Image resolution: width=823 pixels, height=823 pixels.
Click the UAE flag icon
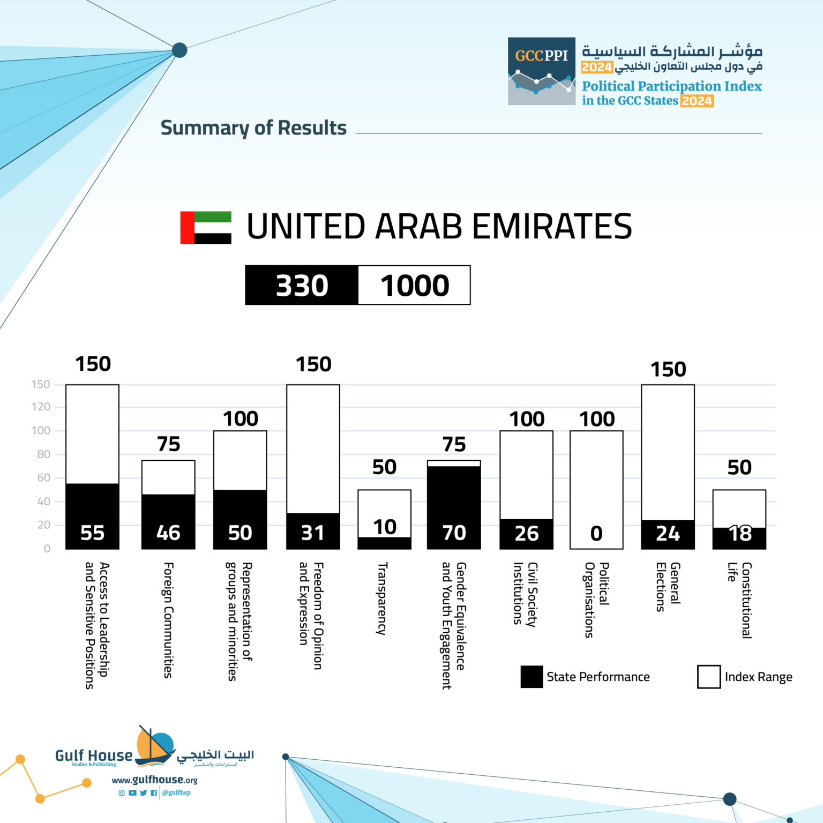(206, 228)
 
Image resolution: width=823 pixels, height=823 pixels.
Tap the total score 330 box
(302, 285)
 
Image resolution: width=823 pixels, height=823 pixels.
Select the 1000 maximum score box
(414, 285)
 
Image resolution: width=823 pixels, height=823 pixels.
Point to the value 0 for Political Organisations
(596, 533)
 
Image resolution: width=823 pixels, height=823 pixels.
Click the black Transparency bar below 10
(384, 543)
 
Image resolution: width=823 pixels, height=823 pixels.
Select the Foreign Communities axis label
(168, 620)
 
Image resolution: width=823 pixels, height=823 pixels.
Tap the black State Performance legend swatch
(532, 677)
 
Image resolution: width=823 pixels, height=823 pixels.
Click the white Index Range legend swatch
(708, 677)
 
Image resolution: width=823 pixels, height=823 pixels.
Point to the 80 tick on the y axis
(43, 454)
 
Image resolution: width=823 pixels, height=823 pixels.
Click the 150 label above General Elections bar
(668, 369)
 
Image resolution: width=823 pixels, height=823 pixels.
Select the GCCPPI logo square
(541, 71)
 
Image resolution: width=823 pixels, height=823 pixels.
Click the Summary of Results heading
(253, 128)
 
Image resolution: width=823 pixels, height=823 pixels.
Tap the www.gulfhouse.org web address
(154, 780)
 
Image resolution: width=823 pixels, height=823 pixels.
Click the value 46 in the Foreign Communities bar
(168, 533)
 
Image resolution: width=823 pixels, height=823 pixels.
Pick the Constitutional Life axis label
(739, 600)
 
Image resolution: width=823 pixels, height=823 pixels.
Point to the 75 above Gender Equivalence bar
(454, 444)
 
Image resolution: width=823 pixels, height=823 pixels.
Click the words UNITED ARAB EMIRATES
(439, 226)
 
